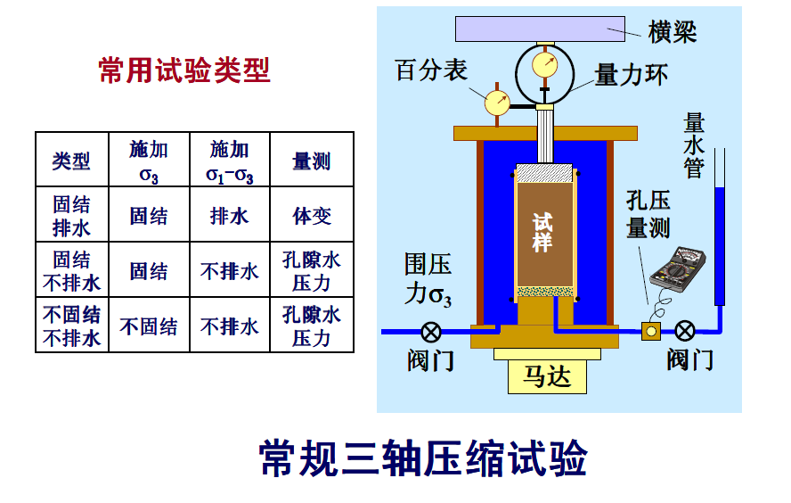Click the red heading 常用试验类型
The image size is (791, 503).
tap(183, 70)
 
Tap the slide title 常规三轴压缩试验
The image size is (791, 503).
tap(423, 459)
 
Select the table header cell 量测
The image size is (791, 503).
tap(311, 161)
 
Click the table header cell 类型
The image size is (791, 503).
tap(71, 161)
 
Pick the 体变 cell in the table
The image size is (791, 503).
tap(311, 216)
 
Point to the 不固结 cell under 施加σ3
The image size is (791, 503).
tap(149, 326)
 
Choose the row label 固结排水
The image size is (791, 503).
tap(71, 216)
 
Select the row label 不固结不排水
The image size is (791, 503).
tap(71, 326)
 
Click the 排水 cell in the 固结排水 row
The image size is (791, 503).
tap(229, 216)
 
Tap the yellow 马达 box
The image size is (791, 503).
tap(547, 375)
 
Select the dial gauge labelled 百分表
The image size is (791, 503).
tap(497, 102)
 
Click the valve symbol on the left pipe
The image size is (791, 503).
tap(431, 332)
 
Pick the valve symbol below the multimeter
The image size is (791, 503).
tap(684, 332)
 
